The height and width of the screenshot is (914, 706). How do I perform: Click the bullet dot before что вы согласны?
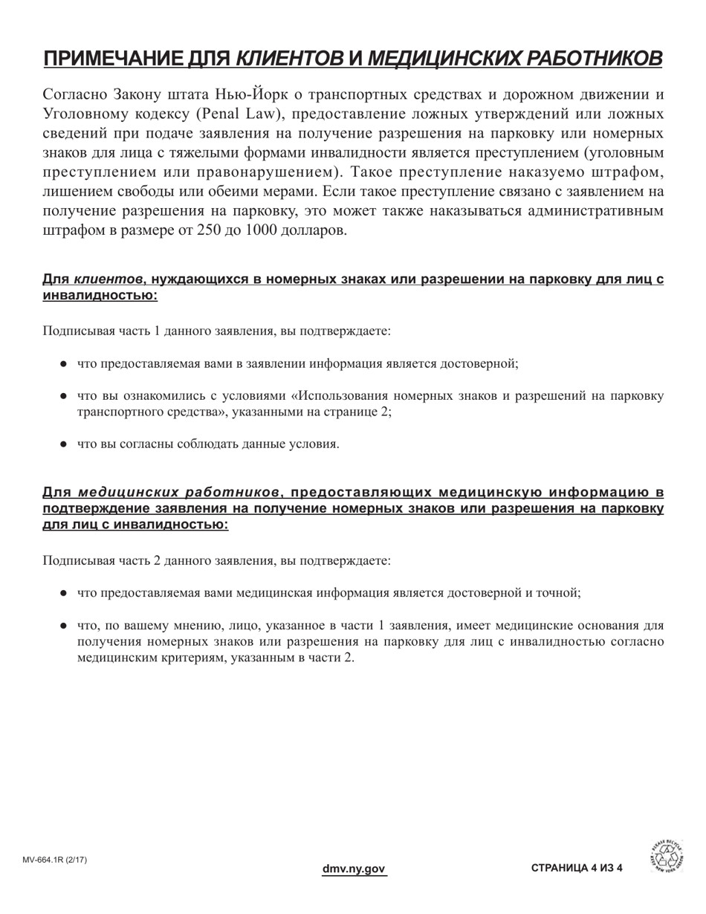pyautogui.click(x=64, y=444)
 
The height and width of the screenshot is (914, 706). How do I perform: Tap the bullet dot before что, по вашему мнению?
pyautogui.click(x=64, y=626)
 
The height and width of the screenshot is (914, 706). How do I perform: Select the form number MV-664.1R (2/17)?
pyautogui.click(x=55, y=860)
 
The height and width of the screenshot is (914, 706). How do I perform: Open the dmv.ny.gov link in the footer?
pyautogui.click(x=354, y=869)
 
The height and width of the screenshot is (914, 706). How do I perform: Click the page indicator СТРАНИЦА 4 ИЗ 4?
pyautogui.click(x=577, y=869)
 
